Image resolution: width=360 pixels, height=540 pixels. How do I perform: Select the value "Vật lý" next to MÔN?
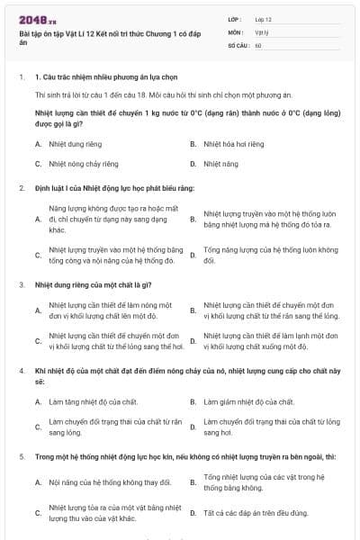click(262, 31)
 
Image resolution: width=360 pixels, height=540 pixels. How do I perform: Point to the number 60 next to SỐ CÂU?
click(258, 45)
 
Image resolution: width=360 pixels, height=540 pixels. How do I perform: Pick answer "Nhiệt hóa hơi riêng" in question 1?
click(233, 143)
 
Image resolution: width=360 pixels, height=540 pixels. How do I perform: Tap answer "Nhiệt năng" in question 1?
click(220, 164)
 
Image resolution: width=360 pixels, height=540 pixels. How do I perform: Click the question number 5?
click(21, 457)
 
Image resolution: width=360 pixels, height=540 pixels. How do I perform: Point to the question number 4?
click(21, 371)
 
